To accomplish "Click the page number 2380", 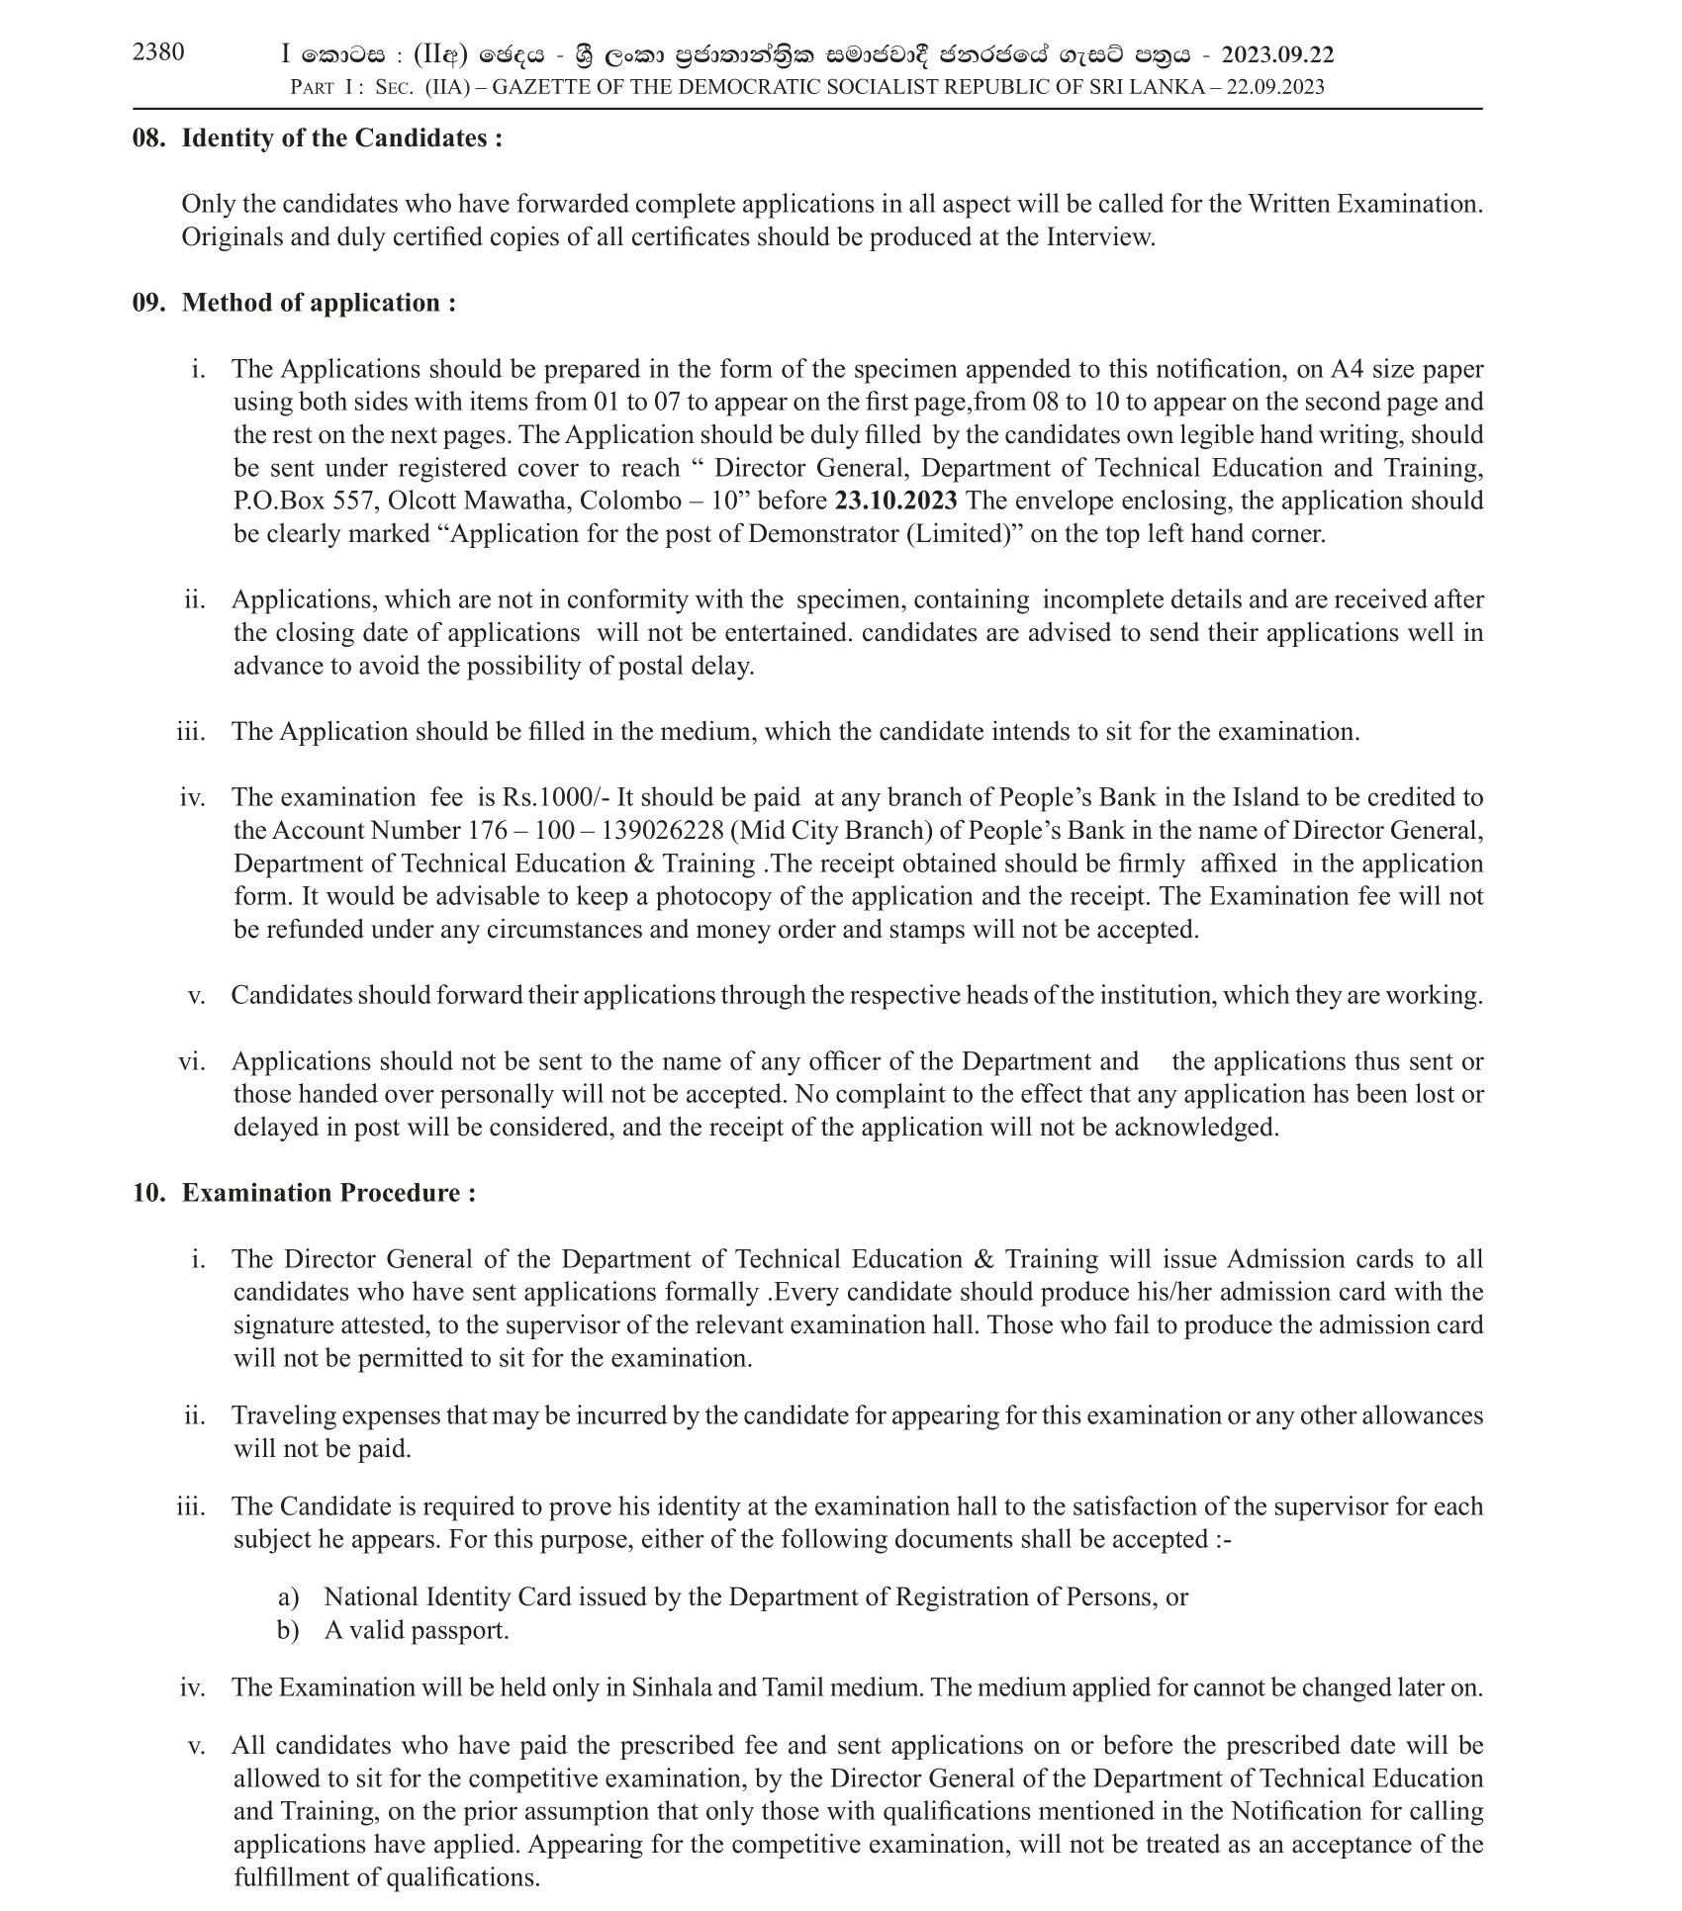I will click(158, 52).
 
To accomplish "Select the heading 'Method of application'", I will click(319, 303).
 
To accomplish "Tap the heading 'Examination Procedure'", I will click(328, 1193).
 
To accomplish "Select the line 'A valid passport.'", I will click(417, 1630).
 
